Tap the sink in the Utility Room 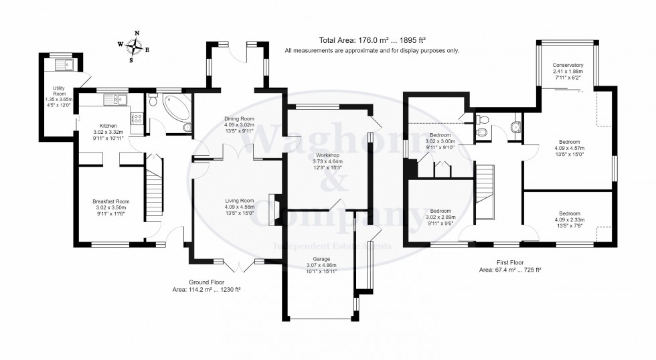[x=66, y=65]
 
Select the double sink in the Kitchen [x=118, y=101]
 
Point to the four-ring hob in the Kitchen [x=137, y=118]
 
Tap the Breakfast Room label [x=110, y=201]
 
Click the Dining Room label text [x=239, y=119]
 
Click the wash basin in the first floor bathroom [x=514, y=126]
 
